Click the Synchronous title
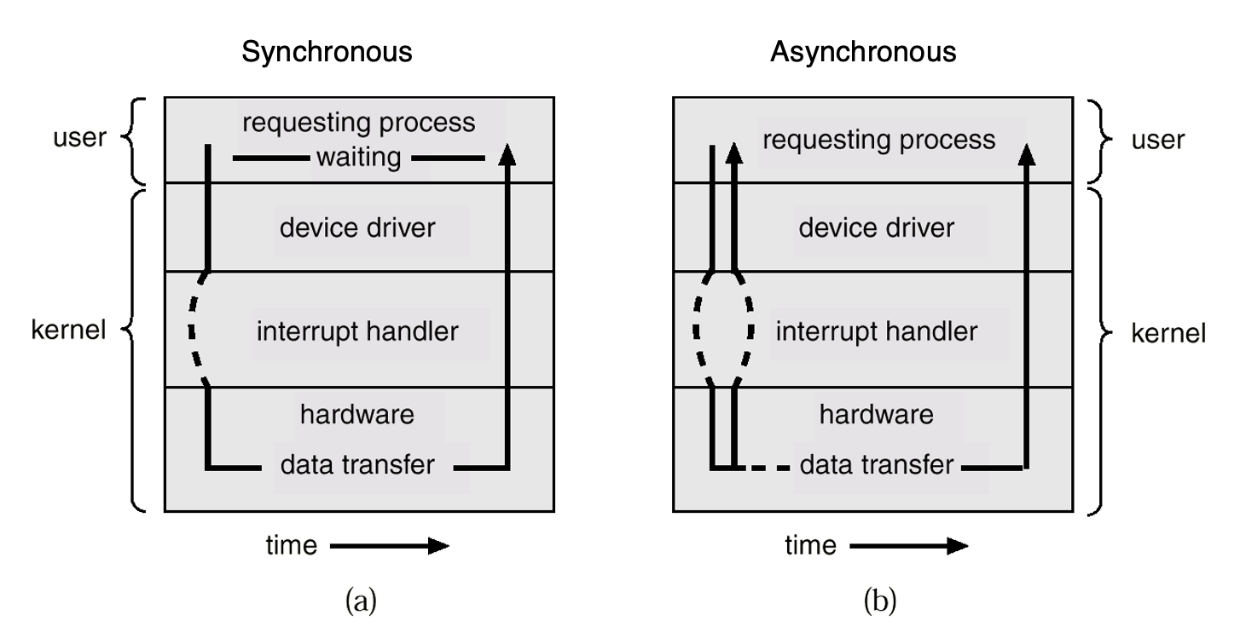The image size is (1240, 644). click(x=327, y=52)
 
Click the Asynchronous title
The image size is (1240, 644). click(x=863, y=52)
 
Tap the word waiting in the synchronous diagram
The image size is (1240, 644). click(x=358, y=158)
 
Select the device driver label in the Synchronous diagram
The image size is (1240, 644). click(x=357, y=228)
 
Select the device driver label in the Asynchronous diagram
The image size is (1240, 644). click(x=876, y=228)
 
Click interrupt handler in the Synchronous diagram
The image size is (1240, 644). click(x=357, y=330)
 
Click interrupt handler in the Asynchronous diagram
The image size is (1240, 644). click(x=876, y=330)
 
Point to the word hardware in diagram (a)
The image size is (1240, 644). click(x=357, y=415)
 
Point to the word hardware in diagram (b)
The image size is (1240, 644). click(x=876, y=415)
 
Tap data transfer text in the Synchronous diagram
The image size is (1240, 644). click(x=357, y=465)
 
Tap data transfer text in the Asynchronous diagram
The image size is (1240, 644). click(x=876, y=465)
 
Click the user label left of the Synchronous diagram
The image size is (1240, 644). click(x=78, y=138)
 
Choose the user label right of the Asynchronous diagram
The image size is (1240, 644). click(x=1157, y=140)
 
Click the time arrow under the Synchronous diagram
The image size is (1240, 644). click(x=389, y=546)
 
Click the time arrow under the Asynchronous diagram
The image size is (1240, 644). click(x=908, y=546)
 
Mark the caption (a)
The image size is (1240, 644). click(x=360, y=601)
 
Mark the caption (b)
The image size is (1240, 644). click(x=879, y=601)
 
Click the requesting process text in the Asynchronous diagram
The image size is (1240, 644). click(x=878, y=139)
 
